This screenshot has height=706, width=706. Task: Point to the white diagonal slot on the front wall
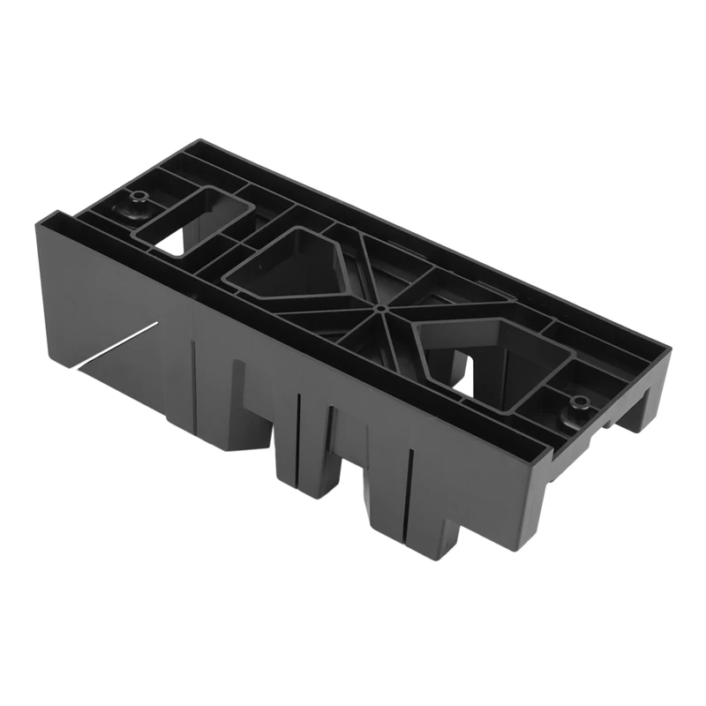point(124,344)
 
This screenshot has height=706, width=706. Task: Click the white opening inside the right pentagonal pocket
point(465,380)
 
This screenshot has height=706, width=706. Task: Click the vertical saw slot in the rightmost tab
point(409,494)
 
